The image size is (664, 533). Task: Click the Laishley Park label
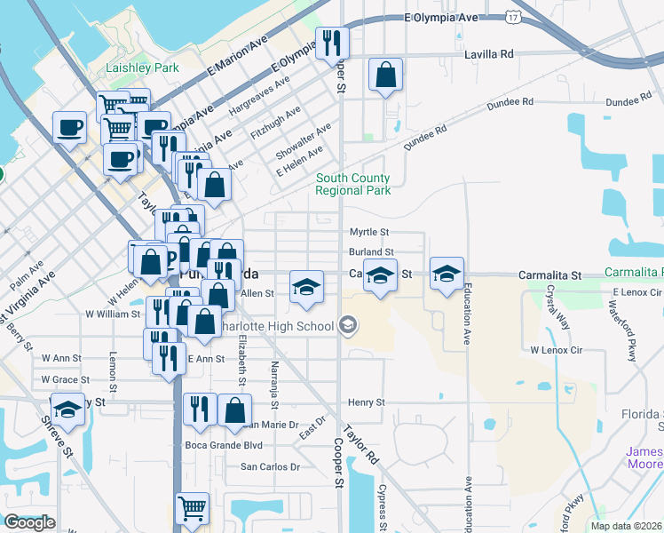pos(142,68)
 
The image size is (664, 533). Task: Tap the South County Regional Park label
pos(352,184)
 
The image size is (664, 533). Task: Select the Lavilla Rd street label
pos(489,54)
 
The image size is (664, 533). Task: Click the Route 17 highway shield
pos(512,16)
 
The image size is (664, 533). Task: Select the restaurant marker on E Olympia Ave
pos(332,42)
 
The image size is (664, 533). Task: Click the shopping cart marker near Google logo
pos(192,509)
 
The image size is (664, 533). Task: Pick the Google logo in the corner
pos(29,522)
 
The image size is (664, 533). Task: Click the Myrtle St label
pos(368,232)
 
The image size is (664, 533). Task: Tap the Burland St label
pos(370,253)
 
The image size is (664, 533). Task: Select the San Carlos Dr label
pos(272,466)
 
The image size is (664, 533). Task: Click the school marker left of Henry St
pos(67,410)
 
